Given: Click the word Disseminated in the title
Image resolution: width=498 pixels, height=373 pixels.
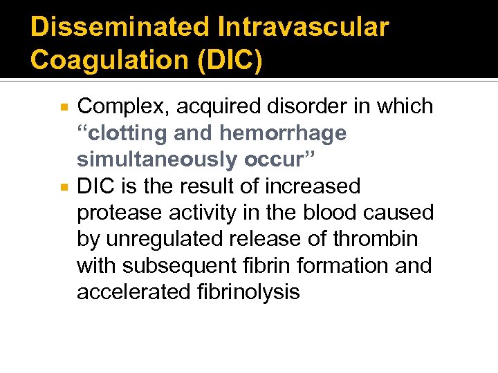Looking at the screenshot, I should (x=119, y=27).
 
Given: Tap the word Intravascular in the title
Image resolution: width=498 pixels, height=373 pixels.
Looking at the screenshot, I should (x=302, y=27).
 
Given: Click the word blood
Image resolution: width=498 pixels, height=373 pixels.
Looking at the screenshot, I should (x=335, y=213).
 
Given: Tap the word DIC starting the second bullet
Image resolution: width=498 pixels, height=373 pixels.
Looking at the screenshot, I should (x=94, y=186).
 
